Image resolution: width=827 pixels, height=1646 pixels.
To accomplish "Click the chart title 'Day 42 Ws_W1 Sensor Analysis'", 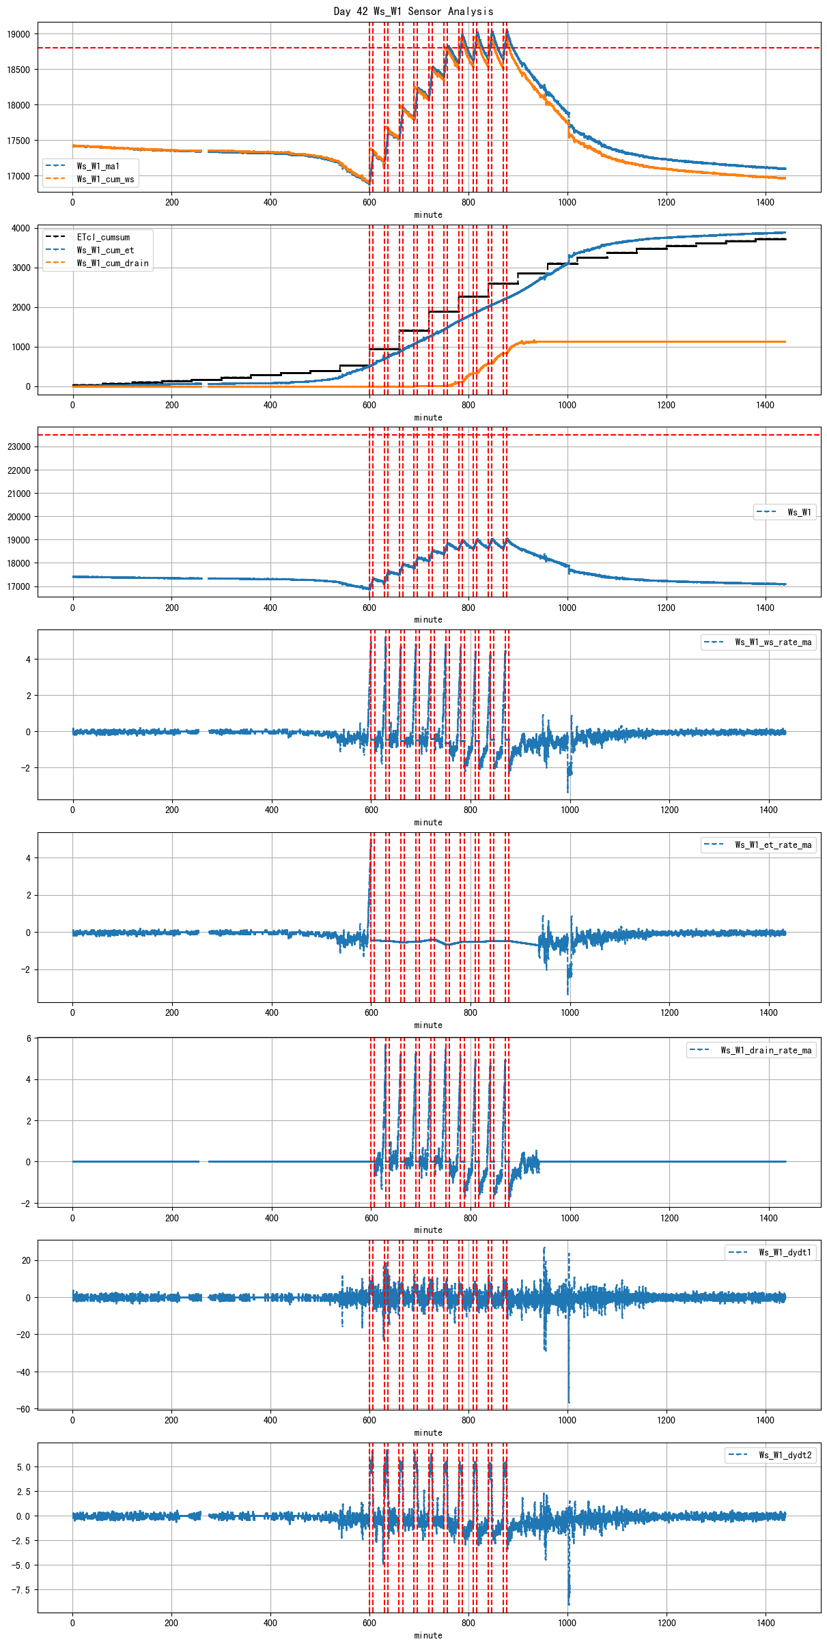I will pos(413,11).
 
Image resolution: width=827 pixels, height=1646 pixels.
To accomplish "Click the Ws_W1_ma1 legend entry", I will pos(98,166).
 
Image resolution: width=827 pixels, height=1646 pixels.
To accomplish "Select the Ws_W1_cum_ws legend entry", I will pos(105,179).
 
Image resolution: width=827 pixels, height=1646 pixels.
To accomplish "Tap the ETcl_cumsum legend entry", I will pos(103,237).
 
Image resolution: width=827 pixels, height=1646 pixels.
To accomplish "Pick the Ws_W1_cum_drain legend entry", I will pos(113,263).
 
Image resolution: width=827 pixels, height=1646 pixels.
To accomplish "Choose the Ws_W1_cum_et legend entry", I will pos(105,250).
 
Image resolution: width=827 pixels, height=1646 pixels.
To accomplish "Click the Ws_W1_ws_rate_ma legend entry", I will pos(773,642).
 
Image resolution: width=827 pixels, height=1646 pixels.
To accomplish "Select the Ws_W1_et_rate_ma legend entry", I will pos(773,845).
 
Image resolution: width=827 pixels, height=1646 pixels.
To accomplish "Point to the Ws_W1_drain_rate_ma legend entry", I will pos(766,1050).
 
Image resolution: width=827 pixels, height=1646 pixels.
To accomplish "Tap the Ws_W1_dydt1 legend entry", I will pos(785,1252).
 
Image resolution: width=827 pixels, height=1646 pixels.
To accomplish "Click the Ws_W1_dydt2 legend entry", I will pos(785,1455).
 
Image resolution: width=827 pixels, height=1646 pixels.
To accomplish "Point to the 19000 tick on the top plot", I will pos(19,34).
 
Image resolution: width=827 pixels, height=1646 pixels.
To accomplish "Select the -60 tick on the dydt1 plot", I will pos(23,1408).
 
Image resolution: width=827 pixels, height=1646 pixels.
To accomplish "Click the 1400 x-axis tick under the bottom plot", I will pos(766,1623).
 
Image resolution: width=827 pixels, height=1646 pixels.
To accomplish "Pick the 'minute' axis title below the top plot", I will pos(428,214).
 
